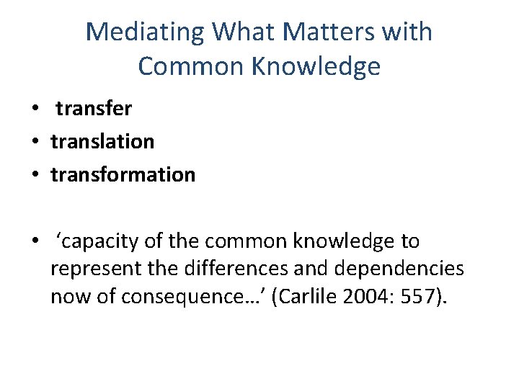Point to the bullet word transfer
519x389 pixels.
point(94,109)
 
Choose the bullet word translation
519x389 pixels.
point(102,142)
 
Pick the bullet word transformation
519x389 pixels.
point(123,175)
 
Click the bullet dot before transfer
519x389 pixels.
point(34,109)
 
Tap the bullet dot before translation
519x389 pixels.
point(34,143)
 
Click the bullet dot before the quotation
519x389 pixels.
point(34,242)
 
